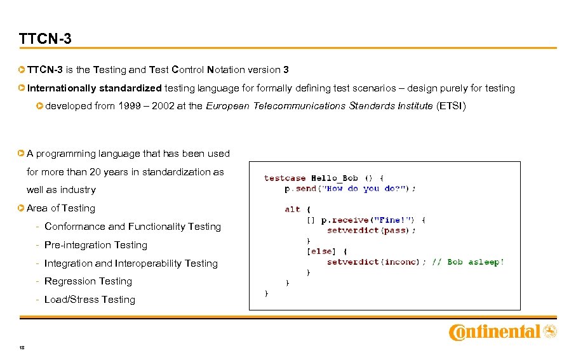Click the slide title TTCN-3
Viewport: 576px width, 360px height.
click(45, 39)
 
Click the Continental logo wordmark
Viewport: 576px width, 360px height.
click(495, 332)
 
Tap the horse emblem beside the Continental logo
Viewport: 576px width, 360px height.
click(551, 331)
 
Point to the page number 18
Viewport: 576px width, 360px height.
click(22, 347)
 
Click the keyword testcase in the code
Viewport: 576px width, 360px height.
click(285, 178)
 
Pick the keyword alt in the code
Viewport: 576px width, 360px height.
click(292, 209)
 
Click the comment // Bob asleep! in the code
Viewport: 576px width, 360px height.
click(467, 262)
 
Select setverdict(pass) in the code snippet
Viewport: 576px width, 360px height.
click(372, 230)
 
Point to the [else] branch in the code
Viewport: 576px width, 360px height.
click(322, 251)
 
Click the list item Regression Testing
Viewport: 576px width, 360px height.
click(88, 281)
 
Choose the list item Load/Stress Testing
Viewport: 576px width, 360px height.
click(90, 300)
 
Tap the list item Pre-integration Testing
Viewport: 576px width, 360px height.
click(96, 245)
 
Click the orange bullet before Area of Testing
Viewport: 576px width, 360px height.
click(22, 208)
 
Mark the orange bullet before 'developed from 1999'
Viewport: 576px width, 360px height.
click(40, 106)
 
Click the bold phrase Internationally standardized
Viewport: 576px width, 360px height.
click(95, 88)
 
